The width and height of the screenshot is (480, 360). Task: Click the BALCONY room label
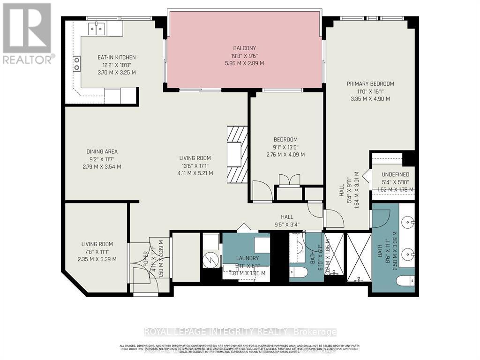245,48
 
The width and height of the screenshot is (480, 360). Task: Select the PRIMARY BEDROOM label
370,84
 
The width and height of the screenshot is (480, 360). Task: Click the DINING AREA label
102,151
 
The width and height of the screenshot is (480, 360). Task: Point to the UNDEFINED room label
396,174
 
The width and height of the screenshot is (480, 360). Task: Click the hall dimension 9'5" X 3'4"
287,224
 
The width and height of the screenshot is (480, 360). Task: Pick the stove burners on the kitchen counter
76,63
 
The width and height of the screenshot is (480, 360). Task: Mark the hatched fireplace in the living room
237,154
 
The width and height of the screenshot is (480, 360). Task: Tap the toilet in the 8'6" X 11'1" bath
405,281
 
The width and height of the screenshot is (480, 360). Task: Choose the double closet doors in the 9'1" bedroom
289,180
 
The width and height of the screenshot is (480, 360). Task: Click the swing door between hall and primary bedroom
334,218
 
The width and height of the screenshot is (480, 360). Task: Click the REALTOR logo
27,33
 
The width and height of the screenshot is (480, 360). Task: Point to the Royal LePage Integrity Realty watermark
240,332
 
